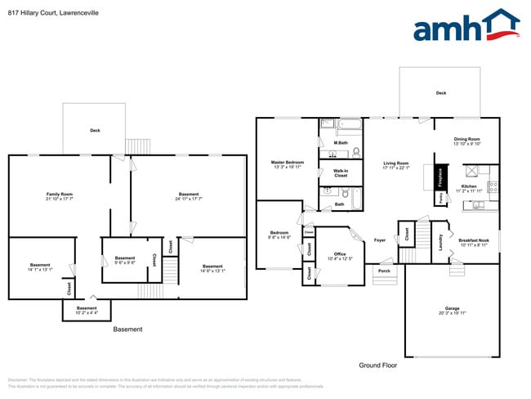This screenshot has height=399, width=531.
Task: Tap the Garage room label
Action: (x=452, y=310)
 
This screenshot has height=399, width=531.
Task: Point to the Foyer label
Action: (x=380, y=240)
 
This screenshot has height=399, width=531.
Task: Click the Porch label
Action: (x=384, y=271)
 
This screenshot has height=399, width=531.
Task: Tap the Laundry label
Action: (x=440, y=244)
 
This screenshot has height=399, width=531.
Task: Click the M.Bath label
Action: (x=341, y=144)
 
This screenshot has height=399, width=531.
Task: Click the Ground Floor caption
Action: (x=377, y=365)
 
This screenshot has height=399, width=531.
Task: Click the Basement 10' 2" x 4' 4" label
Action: (x=87, y=310)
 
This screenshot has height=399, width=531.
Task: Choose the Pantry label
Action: (x=441, y=197)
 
